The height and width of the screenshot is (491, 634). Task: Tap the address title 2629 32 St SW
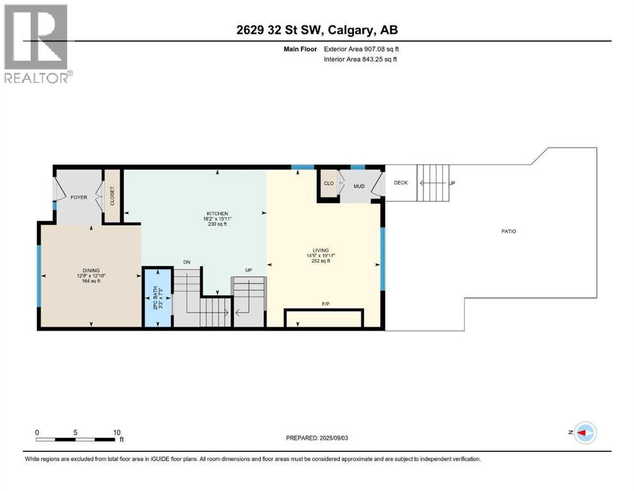(317, 30)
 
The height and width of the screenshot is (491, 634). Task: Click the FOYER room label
(79, 198)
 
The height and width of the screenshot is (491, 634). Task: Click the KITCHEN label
(217, 214)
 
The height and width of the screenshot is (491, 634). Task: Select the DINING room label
(91, 270)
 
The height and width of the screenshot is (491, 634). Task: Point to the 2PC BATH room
(157, 298)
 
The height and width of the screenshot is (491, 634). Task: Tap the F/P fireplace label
(325, 304)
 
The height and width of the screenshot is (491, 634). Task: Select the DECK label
(400, 182)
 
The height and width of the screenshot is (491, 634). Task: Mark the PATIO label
(508, 231)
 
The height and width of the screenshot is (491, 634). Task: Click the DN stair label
(187, 262)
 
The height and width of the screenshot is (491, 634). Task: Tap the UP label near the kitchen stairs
(248, 270)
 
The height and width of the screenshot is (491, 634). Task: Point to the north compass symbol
(584, 433)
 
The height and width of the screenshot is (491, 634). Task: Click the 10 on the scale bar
(117, 432)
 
